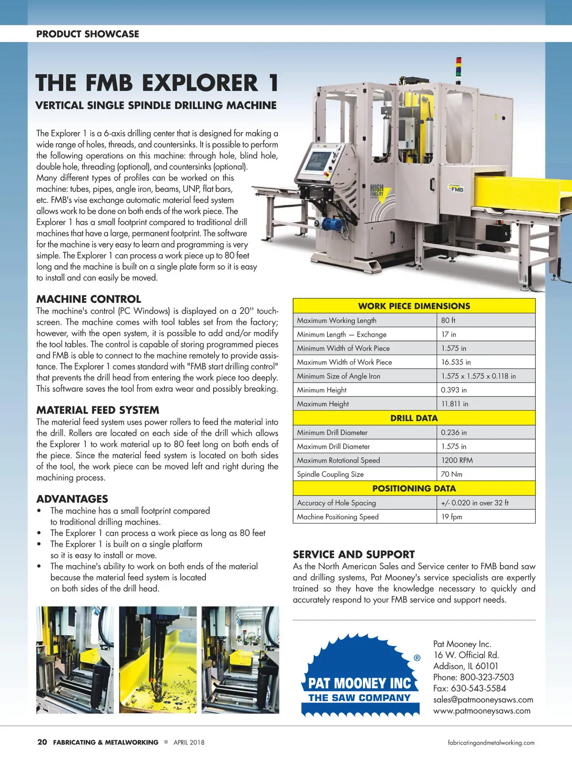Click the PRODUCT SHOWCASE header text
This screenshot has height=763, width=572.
coord(88,34)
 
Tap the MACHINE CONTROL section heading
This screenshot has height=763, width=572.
coord(89,299)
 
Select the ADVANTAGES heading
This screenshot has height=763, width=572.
coord(72,499)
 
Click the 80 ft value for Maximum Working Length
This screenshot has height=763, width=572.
coord(448,320)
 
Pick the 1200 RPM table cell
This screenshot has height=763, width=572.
coord(457,460)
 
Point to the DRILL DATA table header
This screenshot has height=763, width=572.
coord(414,418)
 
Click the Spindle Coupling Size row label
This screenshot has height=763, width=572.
coord(330,474)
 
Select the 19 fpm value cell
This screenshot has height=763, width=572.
coord(451,516)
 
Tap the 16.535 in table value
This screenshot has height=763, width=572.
coord(456,362)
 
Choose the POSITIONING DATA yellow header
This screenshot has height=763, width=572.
coord(414,488)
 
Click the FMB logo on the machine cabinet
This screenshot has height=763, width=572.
coord(456,189)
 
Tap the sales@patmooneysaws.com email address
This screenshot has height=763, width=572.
coord(483,700)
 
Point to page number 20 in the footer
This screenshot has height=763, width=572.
coord(42,742)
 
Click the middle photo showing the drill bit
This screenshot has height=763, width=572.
coord(158,660)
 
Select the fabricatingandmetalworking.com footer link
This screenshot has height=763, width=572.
coord(491,742)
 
